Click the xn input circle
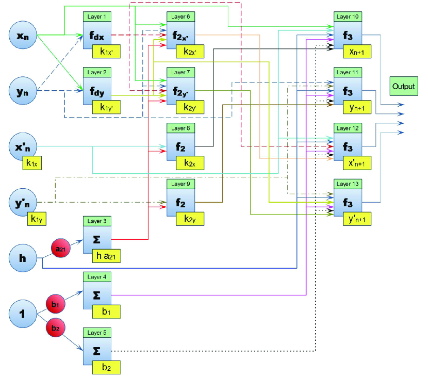click(23, 35)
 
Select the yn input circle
click(23, 91)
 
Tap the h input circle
click(23, 258)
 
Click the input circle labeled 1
click(23, 314)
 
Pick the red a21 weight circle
click(61, 248)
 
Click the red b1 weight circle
click(56, 304)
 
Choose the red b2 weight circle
click(56, 327)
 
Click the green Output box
click(404, 86)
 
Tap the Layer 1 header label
click(97, 17)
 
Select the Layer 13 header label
click(348, 184)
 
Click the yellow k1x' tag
click(106, 51)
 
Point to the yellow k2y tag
click(190, 219)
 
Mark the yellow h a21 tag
click(106, 256)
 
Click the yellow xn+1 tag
click(357, 51)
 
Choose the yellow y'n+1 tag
click(357, 219)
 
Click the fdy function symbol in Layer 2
click(97, 91)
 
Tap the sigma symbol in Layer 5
click(97, 351)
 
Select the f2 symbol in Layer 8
click(180, 147)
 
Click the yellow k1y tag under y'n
click(37, 219)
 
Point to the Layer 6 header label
click(180, 17)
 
